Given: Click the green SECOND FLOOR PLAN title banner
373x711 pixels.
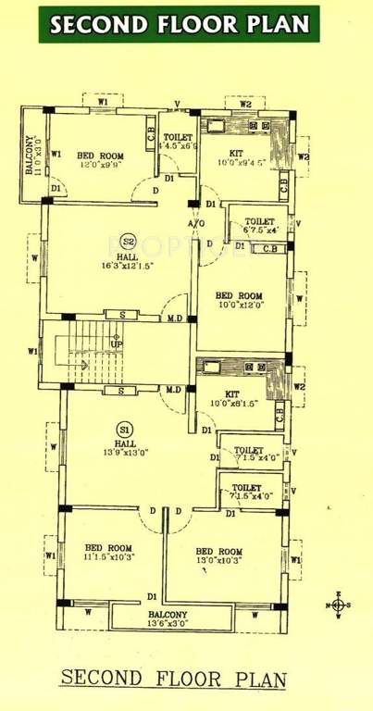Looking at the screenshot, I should click(x=180, y=24).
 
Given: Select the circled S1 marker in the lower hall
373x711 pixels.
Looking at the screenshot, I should click(x=124, y=429).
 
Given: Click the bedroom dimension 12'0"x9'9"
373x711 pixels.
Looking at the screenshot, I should click(x=99, y=166).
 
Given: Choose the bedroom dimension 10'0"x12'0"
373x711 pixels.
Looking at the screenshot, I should click(x=242, y=303).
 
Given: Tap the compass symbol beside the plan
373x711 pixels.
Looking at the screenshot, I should click(x=338, y=605).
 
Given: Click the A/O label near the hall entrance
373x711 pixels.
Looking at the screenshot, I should click(x=196, y=224).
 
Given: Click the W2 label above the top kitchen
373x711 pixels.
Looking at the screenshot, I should click(x=245, y=105).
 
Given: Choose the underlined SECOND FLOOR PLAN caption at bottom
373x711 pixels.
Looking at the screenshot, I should click(x=173, y=679).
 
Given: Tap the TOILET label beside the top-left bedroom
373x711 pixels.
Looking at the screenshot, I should click(x=179, y=137).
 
